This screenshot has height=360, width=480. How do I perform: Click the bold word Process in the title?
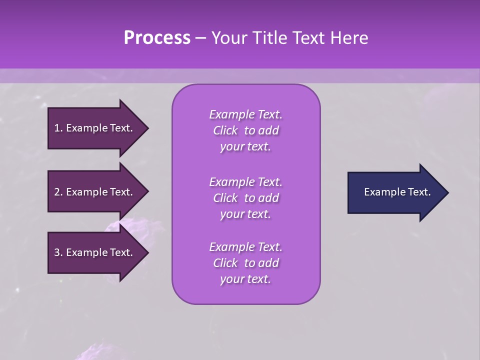[x=157, y=38]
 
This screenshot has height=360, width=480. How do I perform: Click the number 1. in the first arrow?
[x=58, y=128]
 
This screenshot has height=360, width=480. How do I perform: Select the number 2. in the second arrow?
[x=58, y=192]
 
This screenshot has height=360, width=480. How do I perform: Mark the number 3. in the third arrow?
[x=58, y=252]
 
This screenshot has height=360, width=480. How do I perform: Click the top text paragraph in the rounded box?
[x=245, y=130]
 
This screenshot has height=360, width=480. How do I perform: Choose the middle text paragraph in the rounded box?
[x=245, y=198]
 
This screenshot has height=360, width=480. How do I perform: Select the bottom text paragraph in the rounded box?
[x=245, y=263]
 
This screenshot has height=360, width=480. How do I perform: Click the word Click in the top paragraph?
[x=225, y=130]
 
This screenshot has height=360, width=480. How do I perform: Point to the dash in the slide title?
[x=200, y=38]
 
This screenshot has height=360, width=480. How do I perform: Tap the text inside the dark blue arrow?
[x=397, y=192]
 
